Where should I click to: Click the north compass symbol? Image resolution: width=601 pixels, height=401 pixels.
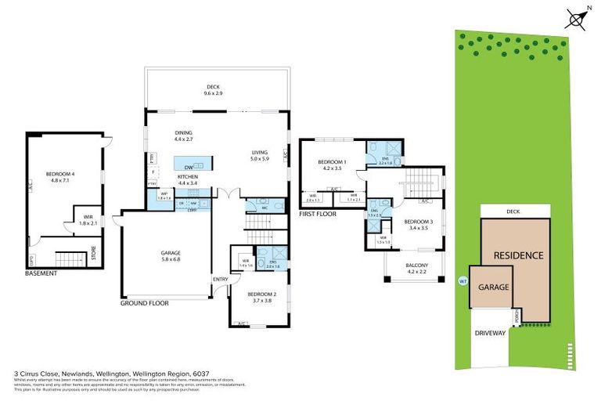pos(577,16)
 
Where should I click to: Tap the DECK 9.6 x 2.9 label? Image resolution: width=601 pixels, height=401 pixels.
pos(214,90)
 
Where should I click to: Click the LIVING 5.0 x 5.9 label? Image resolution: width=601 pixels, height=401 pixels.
pos(259,156)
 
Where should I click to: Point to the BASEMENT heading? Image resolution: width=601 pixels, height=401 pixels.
pos(41,273)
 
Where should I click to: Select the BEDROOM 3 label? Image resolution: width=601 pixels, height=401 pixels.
pos(419,226)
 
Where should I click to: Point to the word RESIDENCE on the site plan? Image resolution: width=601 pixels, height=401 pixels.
pos(517,255)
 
